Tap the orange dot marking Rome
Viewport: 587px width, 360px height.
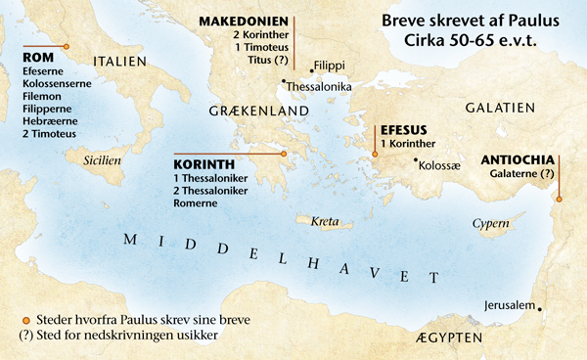pos(66,47)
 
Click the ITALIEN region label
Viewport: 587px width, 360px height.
pos(119,61)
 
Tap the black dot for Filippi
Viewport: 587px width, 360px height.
pos(310,69)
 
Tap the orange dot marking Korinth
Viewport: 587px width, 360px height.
pos(283,153)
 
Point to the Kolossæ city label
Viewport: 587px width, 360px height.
pos(439,164)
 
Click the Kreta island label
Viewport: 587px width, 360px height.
pos(324,222)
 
